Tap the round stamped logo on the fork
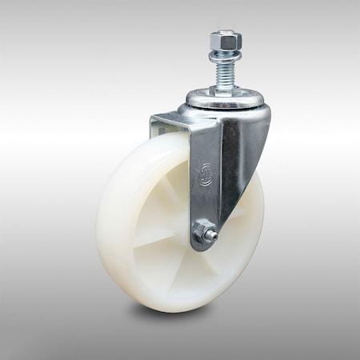click(x=205, y=173)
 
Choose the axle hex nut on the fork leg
click(x=204, y=234)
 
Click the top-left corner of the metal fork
click(x=152, y=119)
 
